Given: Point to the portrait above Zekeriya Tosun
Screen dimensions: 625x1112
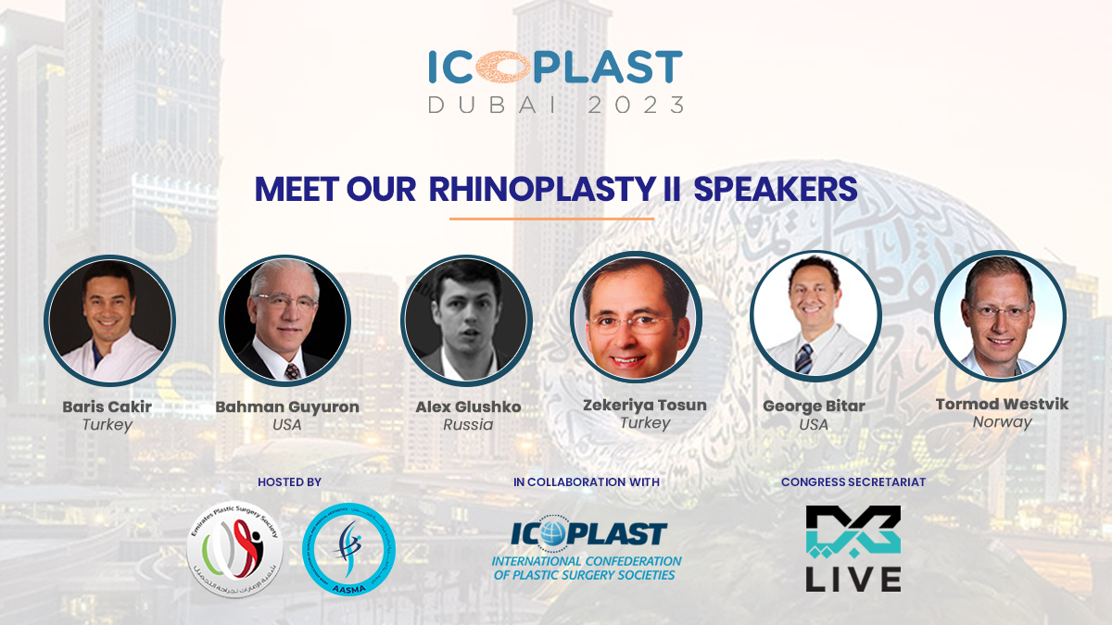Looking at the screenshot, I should click(636, 317).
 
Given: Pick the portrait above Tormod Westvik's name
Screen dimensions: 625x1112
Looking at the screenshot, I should click(1000, 317).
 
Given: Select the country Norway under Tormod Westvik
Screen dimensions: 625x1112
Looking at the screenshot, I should click(1002, 421).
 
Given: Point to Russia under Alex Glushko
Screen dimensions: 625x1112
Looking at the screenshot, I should click(467, 425).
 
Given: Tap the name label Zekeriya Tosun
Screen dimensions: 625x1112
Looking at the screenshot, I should click(645, 405).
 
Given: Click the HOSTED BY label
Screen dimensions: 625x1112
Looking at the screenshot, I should click(289, 481).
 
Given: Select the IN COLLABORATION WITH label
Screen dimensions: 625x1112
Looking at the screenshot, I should click(586, 481).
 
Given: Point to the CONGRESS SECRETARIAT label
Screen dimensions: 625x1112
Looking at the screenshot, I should click(853, 481).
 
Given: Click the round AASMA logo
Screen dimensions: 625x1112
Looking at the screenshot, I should click(349, 548).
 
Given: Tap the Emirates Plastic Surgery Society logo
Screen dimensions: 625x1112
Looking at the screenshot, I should click(234, 548).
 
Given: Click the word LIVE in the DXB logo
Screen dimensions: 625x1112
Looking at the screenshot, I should click(853, 578).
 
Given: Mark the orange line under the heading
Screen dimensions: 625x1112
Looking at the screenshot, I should click(551, 219).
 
